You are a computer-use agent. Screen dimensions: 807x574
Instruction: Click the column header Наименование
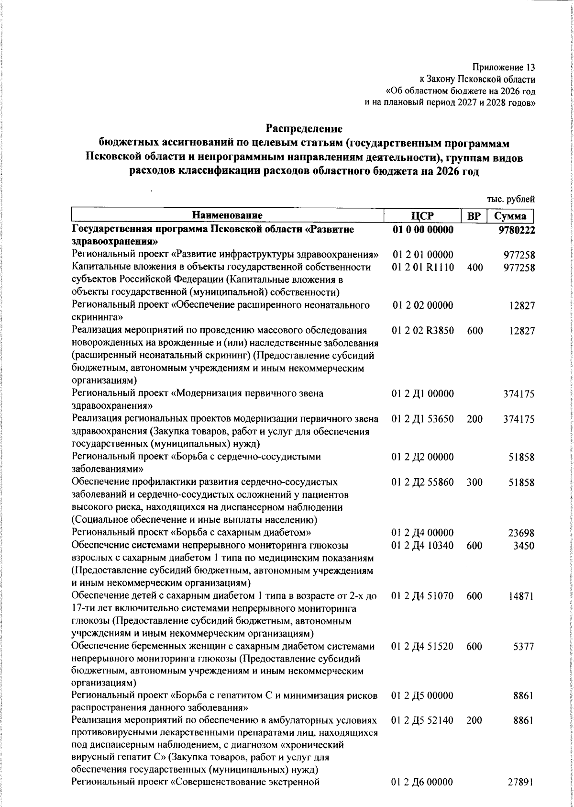tap(228, 215)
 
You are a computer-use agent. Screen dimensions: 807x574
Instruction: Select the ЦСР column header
tap(423, 215)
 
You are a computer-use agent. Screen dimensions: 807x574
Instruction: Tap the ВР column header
tap(474, 215)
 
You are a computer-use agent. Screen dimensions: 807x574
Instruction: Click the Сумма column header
tap(510, 215)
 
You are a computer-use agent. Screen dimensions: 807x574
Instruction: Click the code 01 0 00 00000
tap(423, 230)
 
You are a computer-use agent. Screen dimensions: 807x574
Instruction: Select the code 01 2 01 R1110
tap(423, 267)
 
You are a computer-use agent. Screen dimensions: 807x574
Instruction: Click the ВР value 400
tap(475, 267)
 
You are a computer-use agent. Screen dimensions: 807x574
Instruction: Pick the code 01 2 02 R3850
tap(423, 331)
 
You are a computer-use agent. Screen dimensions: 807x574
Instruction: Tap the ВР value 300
tap(475, 482)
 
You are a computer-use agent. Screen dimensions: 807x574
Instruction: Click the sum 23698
tap(521, 533)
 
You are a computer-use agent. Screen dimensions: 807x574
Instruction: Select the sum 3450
tap(524, 546)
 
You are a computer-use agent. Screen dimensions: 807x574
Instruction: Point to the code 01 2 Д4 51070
tap(423, 596)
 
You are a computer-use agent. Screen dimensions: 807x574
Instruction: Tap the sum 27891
tap(521, 783)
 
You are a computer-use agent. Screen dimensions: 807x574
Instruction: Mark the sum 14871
tap(521, 596)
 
